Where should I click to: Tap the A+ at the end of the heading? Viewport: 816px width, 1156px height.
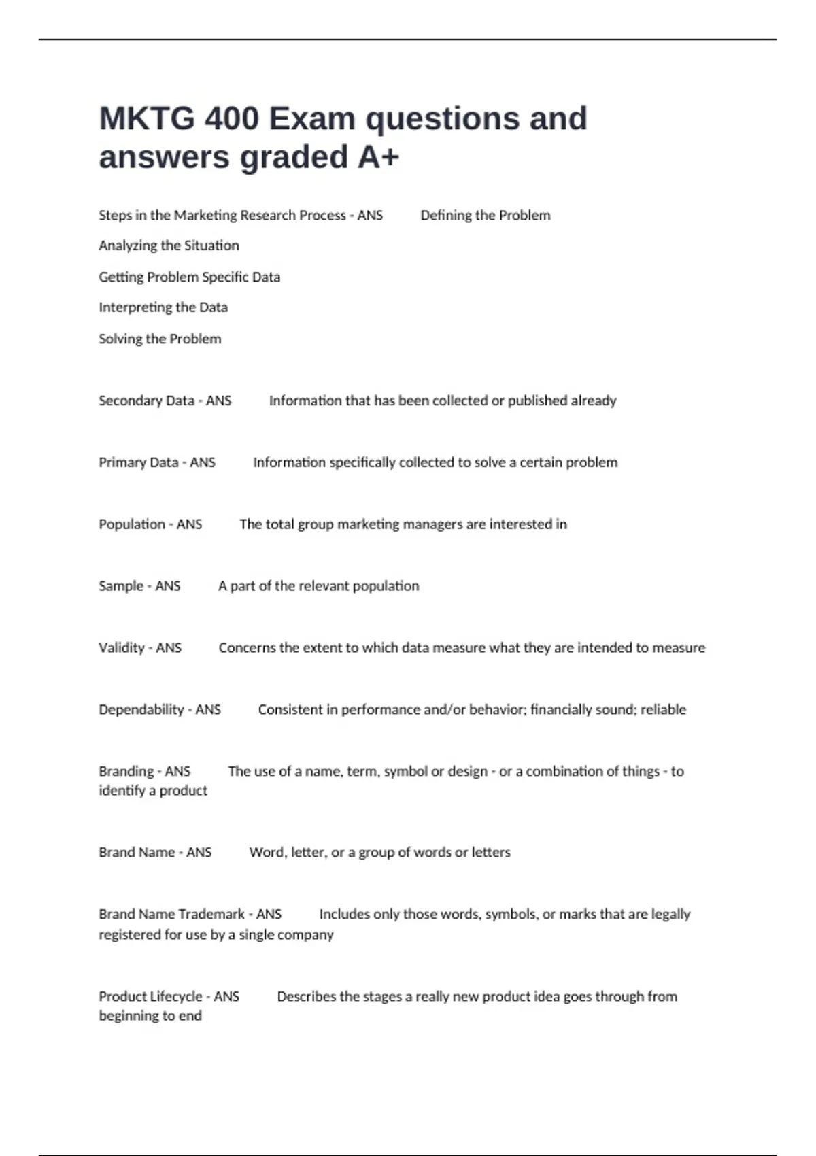(378, 158)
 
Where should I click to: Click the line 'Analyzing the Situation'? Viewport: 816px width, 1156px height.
(169, 245)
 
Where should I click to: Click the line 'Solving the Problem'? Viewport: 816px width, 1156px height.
(160, 339)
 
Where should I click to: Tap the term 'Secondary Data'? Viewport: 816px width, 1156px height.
(146, 401)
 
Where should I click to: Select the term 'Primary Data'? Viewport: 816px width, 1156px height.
(138, 462)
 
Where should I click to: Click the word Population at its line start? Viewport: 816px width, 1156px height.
(132, 524)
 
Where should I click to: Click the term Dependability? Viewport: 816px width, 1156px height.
(141, 710)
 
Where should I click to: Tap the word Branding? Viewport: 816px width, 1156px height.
(126, 772)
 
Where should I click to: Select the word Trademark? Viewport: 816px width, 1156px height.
(210, 915)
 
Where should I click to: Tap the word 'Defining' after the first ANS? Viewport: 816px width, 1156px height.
(445, 216)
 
